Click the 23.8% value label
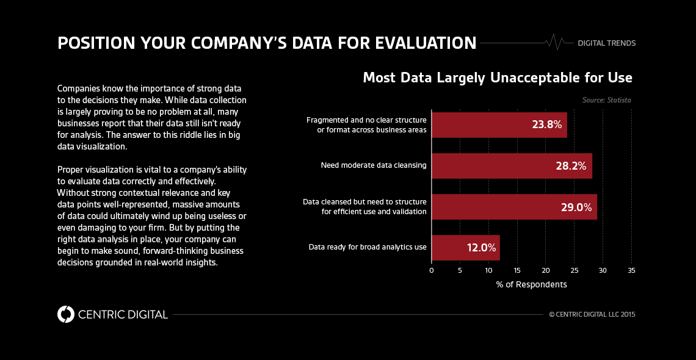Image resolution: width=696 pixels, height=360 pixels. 546,125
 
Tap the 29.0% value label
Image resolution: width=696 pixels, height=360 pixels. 576,207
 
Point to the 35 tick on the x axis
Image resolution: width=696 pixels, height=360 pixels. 631,270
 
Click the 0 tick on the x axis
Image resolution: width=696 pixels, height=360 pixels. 432,270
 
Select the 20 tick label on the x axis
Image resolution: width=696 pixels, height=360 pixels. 546,270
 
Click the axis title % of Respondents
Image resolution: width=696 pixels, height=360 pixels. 531,284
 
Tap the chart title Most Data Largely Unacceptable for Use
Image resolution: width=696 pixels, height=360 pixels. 498,78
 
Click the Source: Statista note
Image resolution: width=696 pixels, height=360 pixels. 606,100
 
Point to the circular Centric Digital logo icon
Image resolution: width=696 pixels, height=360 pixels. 66,314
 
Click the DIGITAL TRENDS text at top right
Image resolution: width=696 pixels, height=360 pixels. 606,43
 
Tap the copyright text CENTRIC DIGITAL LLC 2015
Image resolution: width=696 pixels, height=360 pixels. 592,315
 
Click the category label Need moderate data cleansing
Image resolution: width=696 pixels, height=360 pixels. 374,165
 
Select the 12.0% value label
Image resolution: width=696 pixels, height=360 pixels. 480,248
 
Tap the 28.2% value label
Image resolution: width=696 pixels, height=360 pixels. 571,166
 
